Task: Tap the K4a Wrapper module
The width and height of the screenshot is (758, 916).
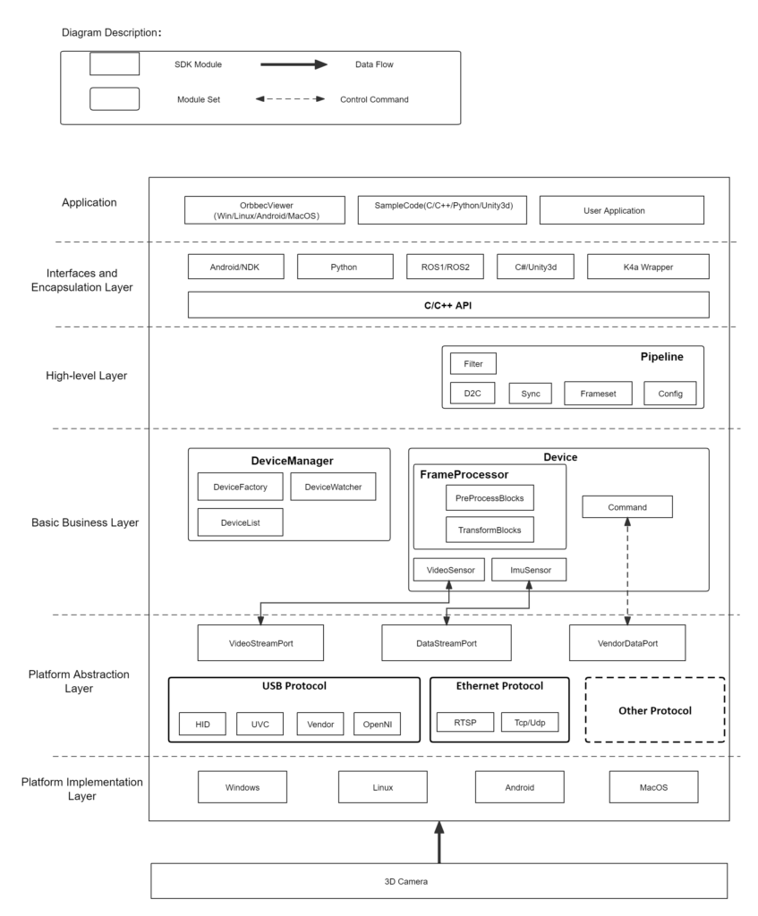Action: pos(648,267)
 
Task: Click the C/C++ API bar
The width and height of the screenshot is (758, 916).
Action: pos(448,305)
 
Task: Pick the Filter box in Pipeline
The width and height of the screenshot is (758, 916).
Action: pos(473,363)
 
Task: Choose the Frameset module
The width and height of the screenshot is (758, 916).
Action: pos(598,394)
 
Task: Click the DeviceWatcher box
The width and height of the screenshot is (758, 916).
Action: pos(333,487)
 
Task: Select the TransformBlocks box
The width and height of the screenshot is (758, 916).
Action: pos(489,530)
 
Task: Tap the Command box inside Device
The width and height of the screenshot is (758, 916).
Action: pos(626,507)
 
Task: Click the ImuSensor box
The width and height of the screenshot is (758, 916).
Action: pos(528,570)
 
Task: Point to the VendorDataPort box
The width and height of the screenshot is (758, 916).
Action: pos(627,642)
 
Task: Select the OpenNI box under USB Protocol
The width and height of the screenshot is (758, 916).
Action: pos(376,724)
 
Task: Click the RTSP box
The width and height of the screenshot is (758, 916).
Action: pos(464,722)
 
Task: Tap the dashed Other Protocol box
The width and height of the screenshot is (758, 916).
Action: pos(654,709)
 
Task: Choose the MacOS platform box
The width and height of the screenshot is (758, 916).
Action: pos(653,787)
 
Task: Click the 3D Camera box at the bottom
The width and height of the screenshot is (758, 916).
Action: pos(439,881)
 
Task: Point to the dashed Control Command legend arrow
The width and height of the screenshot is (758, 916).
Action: pos(290,99)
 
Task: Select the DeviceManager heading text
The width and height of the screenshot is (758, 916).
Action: pos(292,461)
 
